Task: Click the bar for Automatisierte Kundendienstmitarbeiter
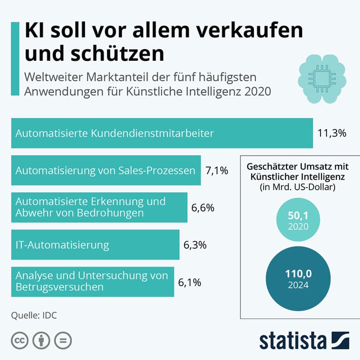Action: [x=162, y=133]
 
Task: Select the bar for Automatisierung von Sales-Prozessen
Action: [x=106, y=170]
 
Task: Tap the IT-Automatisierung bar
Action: [x=95, y=245]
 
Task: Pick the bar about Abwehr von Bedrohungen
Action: [x=99, y=207]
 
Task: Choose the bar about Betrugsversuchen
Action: [x=93, y=282]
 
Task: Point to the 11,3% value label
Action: [x=332, y=133]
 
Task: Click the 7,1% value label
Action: [x=217, y=170]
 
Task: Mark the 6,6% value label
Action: [x=203, y=207]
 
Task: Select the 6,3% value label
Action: [x=195, y=245]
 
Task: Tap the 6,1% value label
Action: [x=190, y=282]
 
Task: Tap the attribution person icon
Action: [x=42, y=340]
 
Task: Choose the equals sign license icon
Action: [x=62, y=340]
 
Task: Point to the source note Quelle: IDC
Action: [x=34, y=315]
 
